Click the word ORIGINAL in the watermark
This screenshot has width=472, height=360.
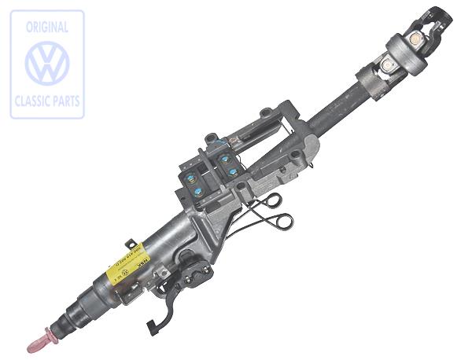click(46, 28)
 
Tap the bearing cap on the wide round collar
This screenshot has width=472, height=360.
click(415, 42)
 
